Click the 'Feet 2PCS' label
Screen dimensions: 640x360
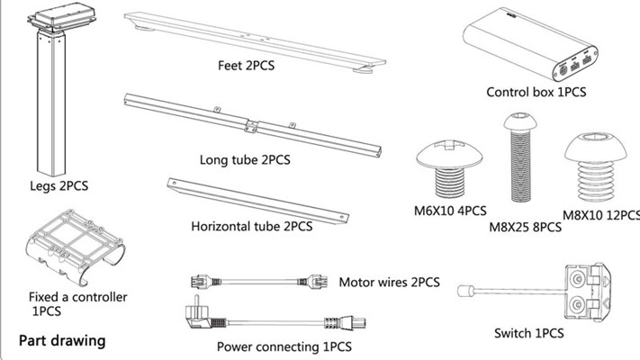click(x=246, y=66)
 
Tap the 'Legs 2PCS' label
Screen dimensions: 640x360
click(x=59, y=186)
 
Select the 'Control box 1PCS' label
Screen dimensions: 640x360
click(x=536, y=92)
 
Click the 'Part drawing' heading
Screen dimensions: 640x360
click(x=62, y=341)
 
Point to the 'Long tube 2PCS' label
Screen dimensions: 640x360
click(x=245, y=159)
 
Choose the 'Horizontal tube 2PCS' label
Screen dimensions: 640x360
click(x=252, y=226)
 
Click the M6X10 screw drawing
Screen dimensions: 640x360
click(x=449, y=168)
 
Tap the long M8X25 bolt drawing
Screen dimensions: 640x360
click(x=520, y=157)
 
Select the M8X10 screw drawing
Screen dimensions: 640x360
click(x=596, y=166)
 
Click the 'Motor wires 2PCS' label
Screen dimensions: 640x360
click(x=390, y=283)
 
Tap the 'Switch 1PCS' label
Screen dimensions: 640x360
click(x=529, y=334)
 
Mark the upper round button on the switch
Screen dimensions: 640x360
click(x=577, y=279)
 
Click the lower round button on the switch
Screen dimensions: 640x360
click(x=577, y=304)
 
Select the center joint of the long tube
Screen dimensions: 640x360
click(x=251, y=126)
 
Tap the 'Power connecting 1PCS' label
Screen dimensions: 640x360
click(x=284, y=346)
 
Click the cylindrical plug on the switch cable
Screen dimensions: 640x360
click(x=465, y=292)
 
